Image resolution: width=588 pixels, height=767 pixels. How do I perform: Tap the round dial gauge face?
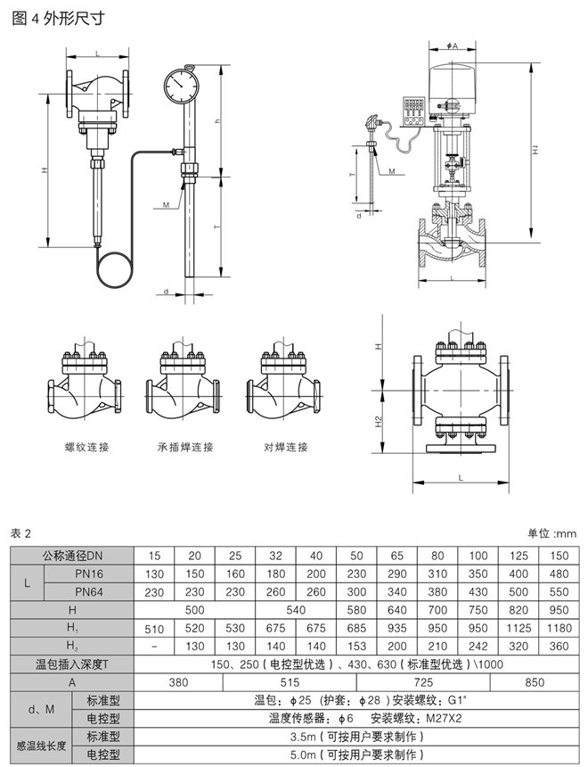(x=185, y=87)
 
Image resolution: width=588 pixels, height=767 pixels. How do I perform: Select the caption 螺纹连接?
(x=87, y=446)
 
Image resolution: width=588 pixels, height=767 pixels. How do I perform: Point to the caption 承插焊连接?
(x=186, y=446)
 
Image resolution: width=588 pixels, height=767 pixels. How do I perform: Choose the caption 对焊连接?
(x=286, y=446)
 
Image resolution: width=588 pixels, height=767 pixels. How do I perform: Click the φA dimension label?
(x=451, y=45)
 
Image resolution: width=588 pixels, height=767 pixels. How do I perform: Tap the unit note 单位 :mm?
(x=552, y=533)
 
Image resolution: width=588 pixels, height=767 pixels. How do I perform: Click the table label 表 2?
(x=20, y=533)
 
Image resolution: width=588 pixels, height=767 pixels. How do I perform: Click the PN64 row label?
(x=93, y=590)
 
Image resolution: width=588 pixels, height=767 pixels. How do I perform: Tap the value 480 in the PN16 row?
(x=559, y=573)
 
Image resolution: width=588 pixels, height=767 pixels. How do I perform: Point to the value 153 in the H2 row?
(x=356, y=646)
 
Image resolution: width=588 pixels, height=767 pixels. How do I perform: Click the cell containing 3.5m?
(x=355, y=737)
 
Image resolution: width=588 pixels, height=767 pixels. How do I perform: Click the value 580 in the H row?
(x=356, y=609)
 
